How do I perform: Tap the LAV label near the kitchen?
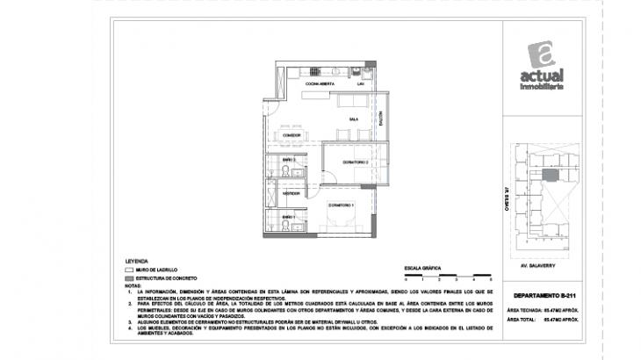(x=348, y=83)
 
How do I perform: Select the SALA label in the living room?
(x=353, y=119)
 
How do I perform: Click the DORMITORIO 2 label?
(x=355, y=162)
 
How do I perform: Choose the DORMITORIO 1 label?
(x=341, y=205)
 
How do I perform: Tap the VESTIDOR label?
(x=292, y=193)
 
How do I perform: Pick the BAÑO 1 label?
(x=288, y=217)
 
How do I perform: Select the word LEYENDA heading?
(x=137, y=261)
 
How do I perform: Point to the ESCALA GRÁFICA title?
(x=421, y=264)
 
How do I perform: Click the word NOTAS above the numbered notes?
(x=133, y=285)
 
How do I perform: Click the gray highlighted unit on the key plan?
(x=551, y=175)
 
